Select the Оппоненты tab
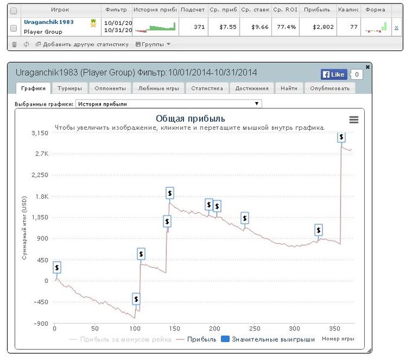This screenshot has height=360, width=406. [x=109, y=88]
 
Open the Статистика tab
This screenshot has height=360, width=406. [x=207, y=88]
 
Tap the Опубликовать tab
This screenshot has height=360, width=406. [x=329, y=88]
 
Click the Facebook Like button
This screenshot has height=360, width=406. [x=333, y=74]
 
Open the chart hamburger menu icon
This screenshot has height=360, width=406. [x=354, y=119]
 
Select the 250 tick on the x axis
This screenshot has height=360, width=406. [x=255, y=328]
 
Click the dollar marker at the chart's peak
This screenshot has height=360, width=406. [x=341, y=137]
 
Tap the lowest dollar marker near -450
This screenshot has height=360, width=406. [x=136, y=299]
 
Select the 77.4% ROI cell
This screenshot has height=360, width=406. [x=285, y=27]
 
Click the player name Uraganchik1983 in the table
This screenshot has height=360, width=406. [x=49, y=21]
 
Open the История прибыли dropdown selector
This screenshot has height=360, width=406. [x=168, y=104]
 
